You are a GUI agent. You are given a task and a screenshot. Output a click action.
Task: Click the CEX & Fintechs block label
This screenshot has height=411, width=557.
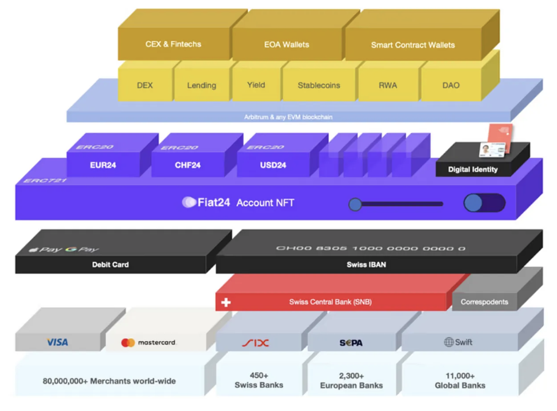[173, 44]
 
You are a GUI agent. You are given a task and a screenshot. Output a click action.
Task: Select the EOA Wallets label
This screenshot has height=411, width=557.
[286, 45]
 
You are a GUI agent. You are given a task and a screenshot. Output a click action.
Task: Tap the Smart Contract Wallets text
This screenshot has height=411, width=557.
[413, 45]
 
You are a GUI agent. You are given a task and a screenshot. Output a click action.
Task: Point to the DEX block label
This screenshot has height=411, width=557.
[145, 85]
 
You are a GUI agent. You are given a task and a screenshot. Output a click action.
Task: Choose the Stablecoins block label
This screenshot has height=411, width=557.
[319, 85]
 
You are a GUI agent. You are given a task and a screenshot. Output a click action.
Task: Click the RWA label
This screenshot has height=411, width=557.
[388, 85]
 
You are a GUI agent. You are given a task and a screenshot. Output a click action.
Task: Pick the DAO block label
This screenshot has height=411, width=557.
[451, 85]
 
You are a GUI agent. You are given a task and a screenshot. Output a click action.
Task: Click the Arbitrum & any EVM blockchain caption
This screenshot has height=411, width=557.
[288, 117]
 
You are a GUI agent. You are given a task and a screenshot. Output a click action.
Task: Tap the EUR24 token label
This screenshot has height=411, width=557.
[103, 165]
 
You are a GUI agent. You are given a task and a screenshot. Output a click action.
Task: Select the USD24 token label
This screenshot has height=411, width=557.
[273, 165]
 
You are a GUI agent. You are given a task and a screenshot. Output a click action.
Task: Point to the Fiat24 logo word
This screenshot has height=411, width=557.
[213, 203]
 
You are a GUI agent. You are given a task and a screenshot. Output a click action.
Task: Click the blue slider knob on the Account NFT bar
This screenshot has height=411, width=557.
[355, 204]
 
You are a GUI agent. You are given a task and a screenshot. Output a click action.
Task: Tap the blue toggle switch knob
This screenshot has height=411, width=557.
[473, 203]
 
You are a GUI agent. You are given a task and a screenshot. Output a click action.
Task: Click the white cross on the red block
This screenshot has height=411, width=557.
[226, 302]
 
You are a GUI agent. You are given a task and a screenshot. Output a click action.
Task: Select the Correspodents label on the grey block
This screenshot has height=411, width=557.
[484, 302]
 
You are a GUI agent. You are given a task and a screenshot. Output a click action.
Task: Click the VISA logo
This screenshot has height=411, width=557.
[57, 342]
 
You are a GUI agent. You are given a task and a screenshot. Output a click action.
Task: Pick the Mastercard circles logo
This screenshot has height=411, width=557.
[128, 343]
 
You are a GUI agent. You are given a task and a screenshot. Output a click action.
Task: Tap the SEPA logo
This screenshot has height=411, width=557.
[351, 343]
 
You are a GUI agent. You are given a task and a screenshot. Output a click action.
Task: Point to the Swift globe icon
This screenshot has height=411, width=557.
[449, 342]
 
